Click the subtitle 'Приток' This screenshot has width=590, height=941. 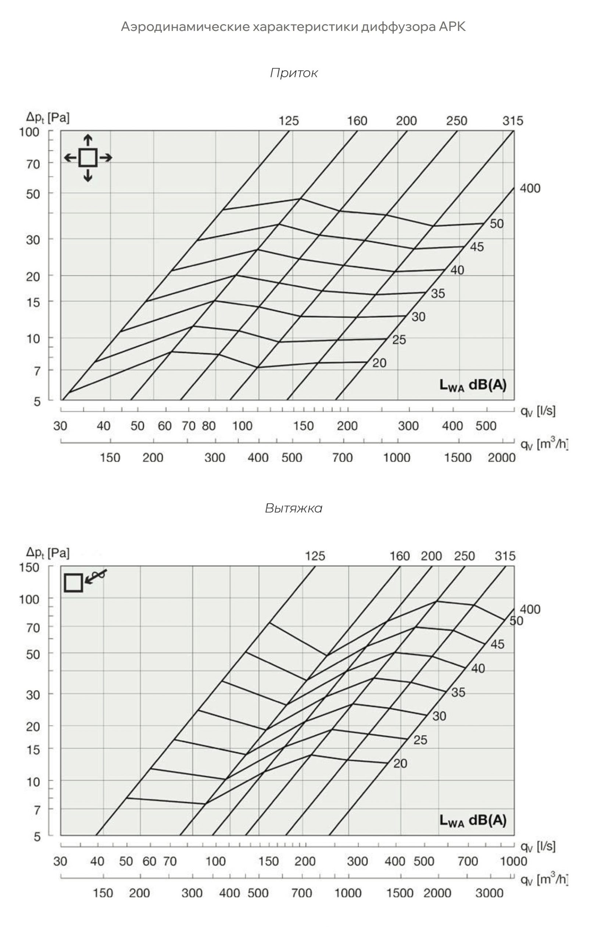click(294, 73)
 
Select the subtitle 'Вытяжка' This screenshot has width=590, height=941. click(293, 508)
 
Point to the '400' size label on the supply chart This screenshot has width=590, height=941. click(530, 189)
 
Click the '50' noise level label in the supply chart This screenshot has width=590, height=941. click(497, 224)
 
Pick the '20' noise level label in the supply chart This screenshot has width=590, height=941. click(379, 363)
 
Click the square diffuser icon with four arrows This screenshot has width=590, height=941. click(88, 158)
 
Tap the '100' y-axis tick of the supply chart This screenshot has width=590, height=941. click(29, 132)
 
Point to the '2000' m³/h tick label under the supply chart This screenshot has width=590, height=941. click(501, 458)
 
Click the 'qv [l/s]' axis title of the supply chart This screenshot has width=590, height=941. click(538, 411)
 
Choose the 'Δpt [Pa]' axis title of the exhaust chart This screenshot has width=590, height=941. click(48, 552)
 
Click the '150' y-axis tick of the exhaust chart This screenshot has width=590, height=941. click(29, 568)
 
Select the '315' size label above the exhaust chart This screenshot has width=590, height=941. click(505, 556)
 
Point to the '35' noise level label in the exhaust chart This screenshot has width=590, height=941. click(458, 693)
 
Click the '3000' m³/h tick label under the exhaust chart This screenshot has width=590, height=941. click(489, 893)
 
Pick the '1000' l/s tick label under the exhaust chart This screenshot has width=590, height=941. click(513, 861)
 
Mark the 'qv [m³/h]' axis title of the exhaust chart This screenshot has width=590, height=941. click(544, 880)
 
